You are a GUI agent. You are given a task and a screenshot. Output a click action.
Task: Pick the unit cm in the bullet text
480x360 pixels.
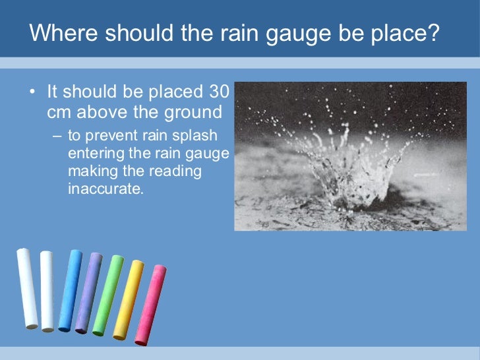[59, 113]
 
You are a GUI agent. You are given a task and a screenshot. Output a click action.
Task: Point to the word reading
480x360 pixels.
[177, 171]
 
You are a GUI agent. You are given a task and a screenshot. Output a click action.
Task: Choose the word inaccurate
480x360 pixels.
[105, 187]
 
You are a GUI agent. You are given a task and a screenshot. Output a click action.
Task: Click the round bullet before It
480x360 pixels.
[32, 92]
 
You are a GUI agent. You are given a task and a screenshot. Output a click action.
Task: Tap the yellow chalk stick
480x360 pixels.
[128, 299]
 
